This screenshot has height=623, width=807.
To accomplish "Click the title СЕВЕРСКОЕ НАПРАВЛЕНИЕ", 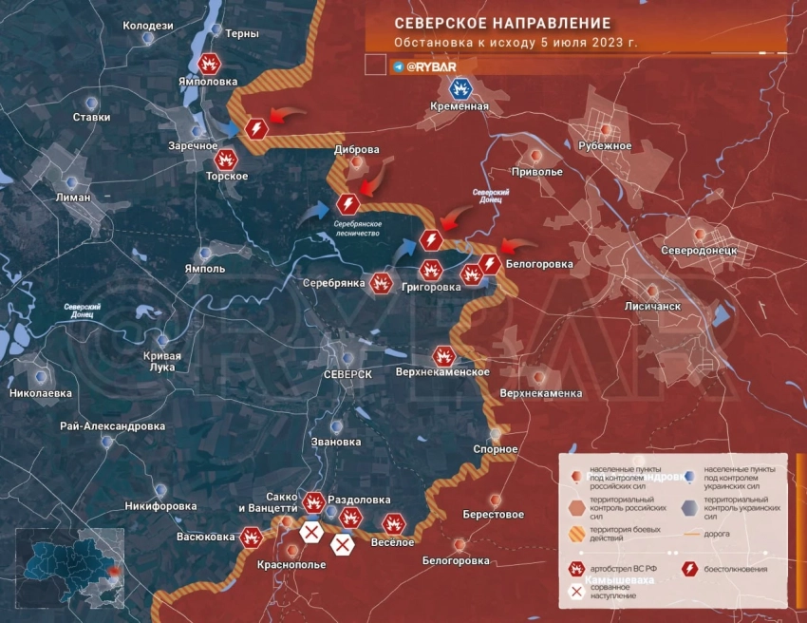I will tap(502, 22).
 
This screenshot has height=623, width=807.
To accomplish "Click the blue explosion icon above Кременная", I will tap(460, 88).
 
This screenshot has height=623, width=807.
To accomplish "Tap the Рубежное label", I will tap(605, 145).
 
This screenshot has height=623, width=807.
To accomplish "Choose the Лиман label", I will tap(73, 198).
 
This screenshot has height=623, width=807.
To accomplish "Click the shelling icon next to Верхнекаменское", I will tap(443, 355).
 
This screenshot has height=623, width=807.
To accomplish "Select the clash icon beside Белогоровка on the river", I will tap(490, 263).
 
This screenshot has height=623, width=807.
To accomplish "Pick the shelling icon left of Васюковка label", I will tap(252, 537).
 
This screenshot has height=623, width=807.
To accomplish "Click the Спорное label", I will tap(496, 449).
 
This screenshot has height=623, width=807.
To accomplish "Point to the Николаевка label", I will tap(40, 392).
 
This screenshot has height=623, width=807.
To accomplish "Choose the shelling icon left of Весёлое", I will tap(394, 523).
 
